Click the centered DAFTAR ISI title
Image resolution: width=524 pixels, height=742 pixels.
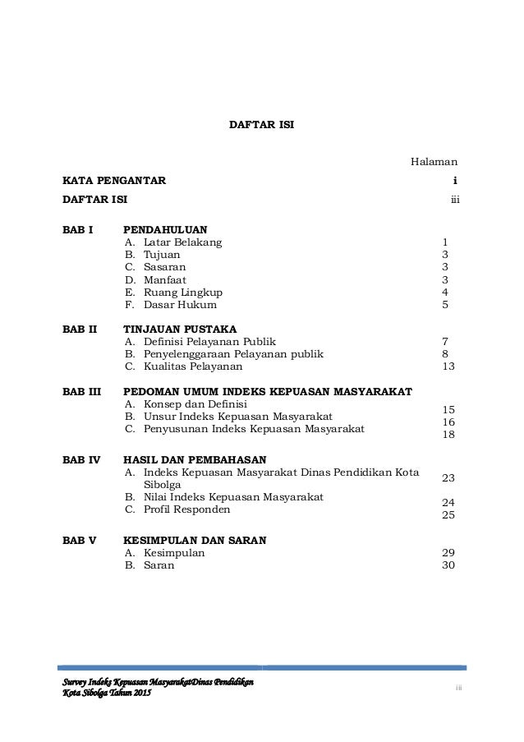(x=261, y=126)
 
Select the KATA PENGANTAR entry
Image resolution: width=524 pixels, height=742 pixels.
(x=115, y=180)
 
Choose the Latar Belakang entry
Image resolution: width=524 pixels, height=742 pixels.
(x=182, y=242)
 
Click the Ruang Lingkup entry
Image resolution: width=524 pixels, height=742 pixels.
(x=182, y=292)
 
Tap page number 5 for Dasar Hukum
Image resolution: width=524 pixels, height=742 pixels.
(x=445, y=305)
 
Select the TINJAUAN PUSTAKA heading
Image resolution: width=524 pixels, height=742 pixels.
(x=178, y=328)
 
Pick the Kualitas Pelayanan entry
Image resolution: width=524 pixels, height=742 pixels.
(x=193, y=366)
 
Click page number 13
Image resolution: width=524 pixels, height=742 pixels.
(x=448, y=366)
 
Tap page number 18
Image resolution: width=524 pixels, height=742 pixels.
(x=448, y=433)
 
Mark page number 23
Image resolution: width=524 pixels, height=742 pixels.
(x=448, y=477)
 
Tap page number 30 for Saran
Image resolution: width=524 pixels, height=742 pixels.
(x=448, y=566)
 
